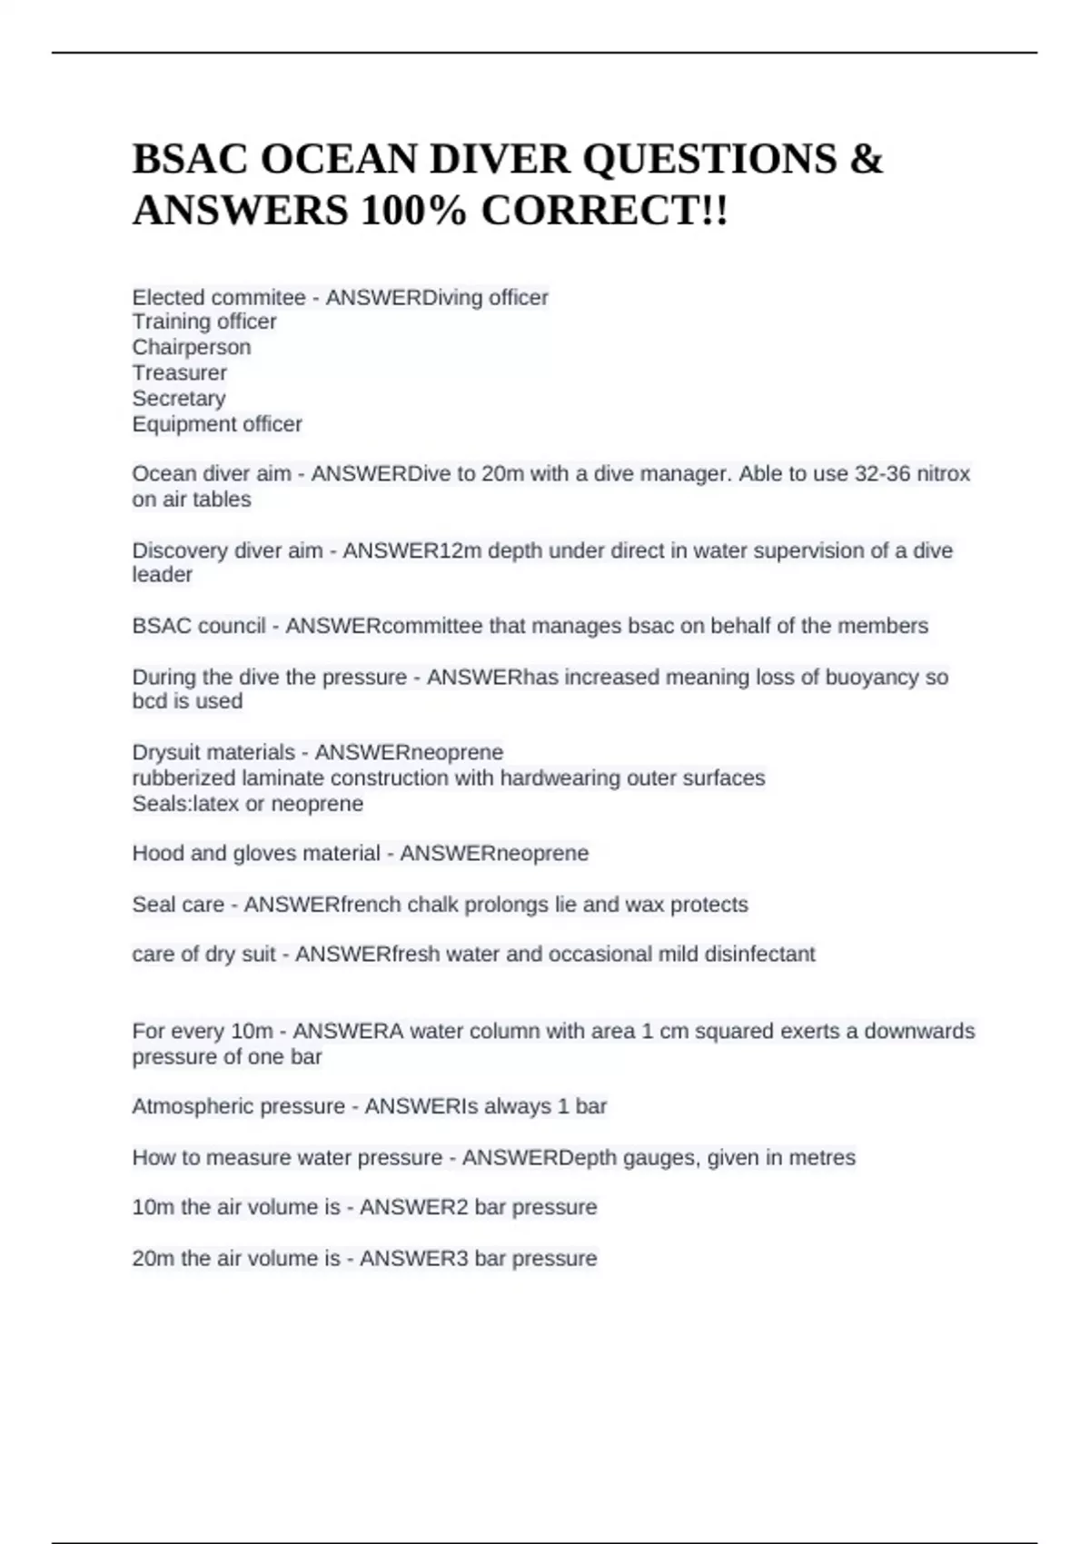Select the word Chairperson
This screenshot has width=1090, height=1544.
(192, 347)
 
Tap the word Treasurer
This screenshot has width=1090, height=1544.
(180, 372)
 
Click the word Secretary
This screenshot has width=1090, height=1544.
(179, 398)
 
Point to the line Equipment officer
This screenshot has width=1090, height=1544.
(217, 423)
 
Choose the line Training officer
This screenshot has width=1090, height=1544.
(204, 322)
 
